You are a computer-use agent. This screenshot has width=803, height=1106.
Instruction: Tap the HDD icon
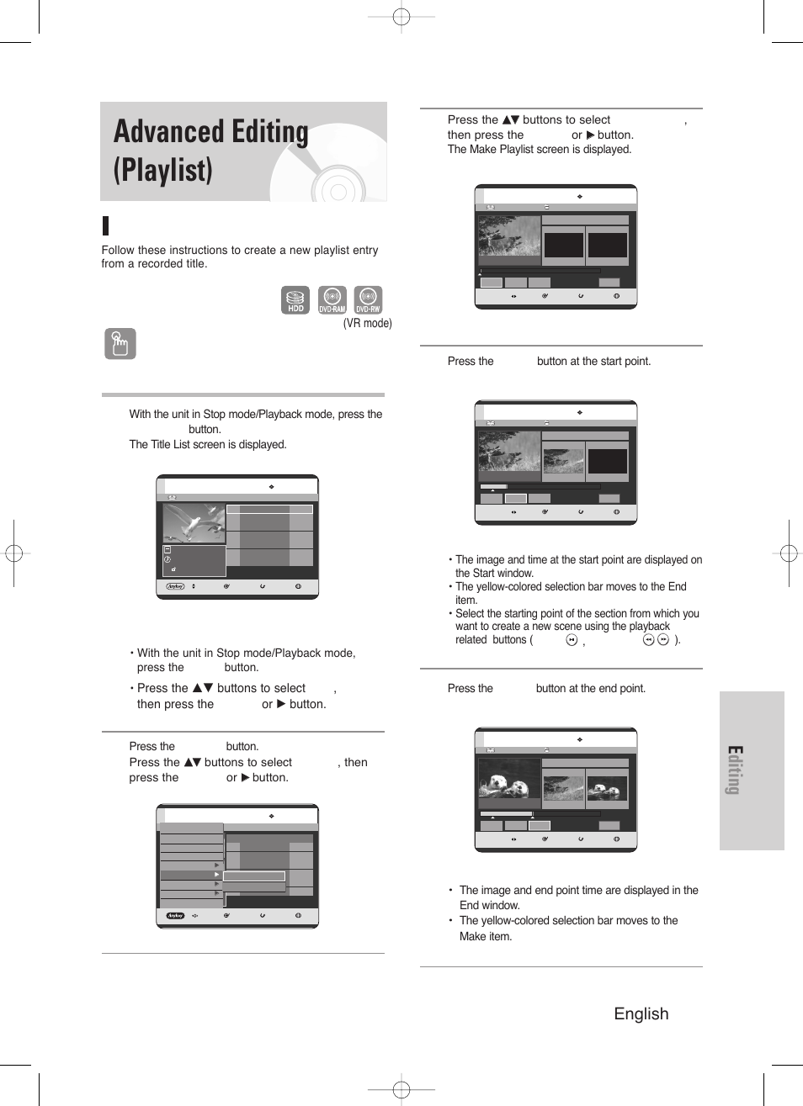pos(295,300)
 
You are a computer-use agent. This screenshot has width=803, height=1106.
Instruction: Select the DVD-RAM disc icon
pos(332,300)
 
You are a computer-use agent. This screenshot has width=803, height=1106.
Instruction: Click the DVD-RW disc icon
pos(368,300)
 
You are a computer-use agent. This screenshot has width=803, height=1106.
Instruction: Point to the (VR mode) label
pos(367,323)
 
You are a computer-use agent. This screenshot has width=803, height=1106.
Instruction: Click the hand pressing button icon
pos(120,343)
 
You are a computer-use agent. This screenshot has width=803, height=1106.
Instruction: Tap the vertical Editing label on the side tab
pos(735,770)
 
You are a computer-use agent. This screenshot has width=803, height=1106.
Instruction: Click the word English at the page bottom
pos(641,1013)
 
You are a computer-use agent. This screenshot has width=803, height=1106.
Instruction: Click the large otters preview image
pos(509,778)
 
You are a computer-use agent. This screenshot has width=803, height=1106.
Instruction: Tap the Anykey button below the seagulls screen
pos(175,586)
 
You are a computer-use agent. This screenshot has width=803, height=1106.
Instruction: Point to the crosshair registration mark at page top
pos(401,17)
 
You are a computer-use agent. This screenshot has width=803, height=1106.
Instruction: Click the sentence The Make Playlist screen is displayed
pos(539,150)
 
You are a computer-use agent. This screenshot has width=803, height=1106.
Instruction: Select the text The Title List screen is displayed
pos(207,445)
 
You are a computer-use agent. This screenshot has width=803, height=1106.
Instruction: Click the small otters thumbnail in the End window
pos(607,789)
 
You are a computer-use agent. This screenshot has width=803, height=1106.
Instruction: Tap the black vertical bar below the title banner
pos(105,225)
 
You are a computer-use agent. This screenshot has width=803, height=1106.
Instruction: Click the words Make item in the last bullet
pos(485,936)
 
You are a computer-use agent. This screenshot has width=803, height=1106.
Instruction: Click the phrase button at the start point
pos(593,362)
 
